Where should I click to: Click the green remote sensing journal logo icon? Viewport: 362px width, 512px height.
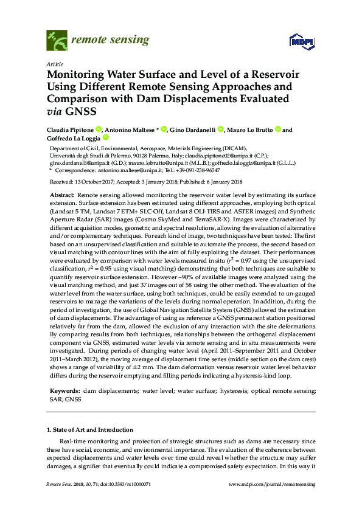tap(57, 41)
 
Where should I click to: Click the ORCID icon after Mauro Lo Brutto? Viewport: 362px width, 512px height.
tap(277, 130)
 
